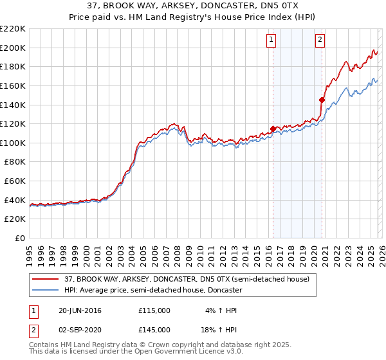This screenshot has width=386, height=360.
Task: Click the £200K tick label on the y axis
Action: coord(14,48)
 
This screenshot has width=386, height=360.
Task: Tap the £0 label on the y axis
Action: coord(21,239)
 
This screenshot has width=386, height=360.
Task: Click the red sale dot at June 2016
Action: coord(273,129)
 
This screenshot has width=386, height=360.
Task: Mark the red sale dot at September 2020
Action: coord(321,100)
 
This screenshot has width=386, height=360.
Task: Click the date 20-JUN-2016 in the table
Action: coord(80,310)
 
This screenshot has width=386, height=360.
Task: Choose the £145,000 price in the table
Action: coord(154,329)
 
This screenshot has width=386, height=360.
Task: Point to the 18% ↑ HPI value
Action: coord(220,329)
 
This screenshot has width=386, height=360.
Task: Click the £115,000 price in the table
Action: coord(154,310)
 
